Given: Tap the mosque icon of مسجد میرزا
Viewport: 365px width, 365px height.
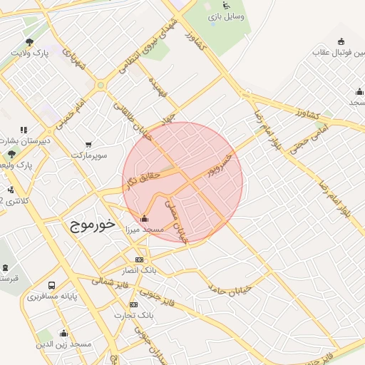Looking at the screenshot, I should point(145,218).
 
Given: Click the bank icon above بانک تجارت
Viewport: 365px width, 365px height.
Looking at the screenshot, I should point(134,304).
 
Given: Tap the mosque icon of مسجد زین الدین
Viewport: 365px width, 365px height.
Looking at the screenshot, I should point(63,333).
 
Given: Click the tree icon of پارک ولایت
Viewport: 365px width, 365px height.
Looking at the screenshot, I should point(29,42).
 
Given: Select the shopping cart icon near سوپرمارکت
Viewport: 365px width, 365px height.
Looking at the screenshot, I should point(88,145).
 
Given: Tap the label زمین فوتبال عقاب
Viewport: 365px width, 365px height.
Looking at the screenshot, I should point(340,52).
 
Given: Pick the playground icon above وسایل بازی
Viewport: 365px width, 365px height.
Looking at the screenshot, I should point(227,4).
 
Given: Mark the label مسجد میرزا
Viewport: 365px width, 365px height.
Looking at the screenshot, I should point(145,230).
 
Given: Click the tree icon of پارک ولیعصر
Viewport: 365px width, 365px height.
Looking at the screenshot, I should point(11,153).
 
